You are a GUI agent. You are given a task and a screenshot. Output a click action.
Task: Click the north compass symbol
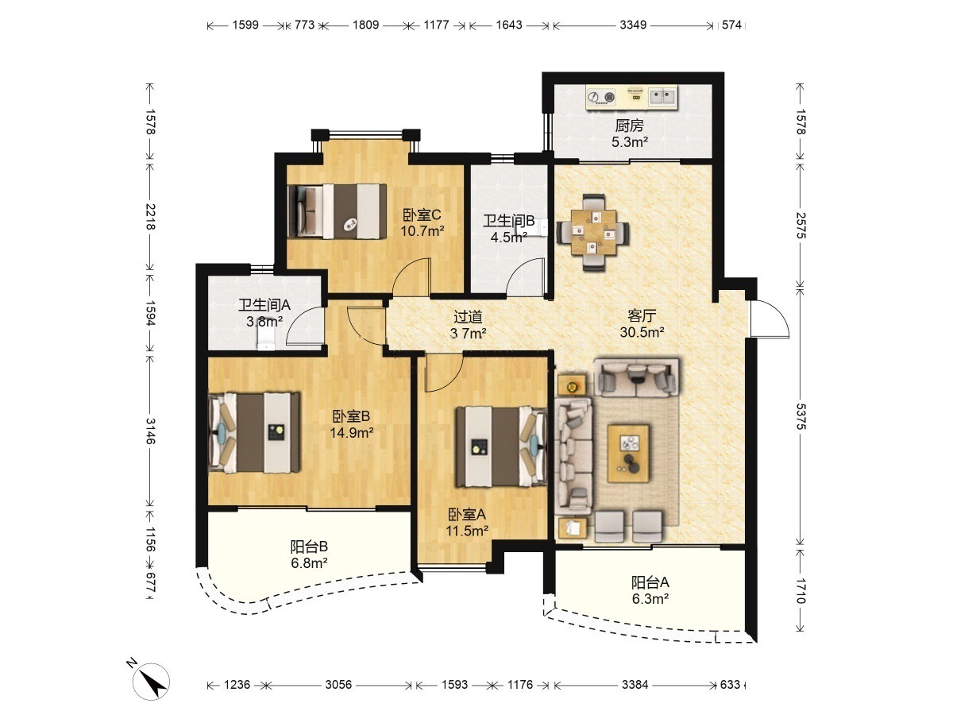(x=150, y=681)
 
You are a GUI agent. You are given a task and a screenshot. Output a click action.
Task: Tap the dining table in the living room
(x=593, y=232)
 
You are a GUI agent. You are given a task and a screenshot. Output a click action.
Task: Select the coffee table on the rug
(x=628, y=453)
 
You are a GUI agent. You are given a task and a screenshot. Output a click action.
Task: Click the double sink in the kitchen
(x=662, y=97)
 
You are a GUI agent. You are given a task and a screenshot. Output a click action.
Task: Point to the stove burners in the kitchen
(x=602, y=97)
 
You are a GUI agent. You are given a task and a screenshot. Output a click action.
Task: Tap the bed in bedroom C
(x=338, y=211)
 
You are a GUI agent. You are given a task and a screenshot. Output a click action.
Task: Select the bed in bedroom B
(x=254, y=432)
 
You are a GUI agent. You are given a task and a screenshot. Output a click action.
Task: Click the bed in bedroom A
(x=501, y=446)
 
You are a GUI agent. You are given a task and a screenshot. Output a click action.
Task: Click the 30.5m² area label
(x=642, y=333)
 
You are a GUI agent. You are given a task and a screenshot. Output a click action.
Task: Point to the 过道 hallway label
(x=468, y=317)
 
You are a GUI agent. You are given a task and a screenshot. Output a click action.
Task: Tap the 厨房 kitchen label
(x=629, y=126)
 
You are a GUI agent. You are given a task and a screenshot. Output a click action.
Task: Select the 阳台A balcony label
(x=650, y=582)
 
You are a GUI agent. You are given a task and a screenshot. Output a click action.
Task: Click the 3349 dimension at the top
(x=633, y=25)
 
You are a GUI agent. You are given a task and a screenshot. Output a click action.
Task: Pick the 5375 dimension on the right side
(x=801, y=417)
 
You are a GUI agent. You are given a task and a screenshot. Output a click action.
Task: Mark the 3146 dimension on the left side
(x=150, y=431)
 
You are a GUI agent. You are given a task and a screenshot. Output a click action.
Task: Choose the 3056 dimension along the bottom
(x=338, y=685)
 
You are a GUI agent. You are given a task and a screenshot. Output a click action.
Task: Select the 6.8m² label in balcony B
(x=309, y=563)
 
